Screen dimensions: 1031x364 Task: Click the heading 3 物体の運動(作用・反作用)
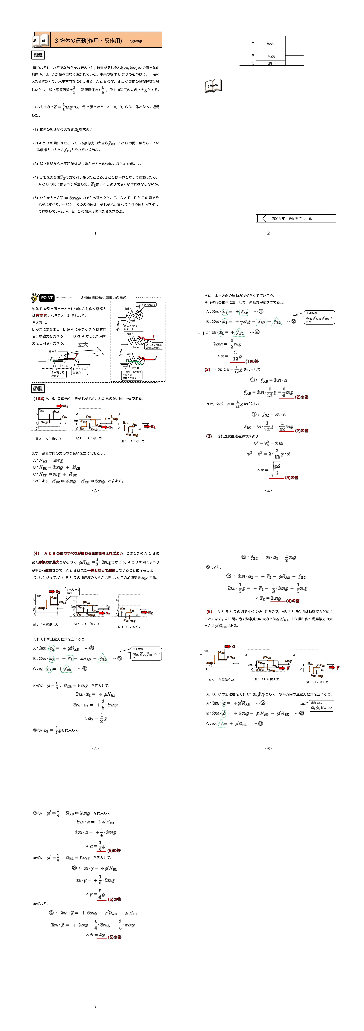pyautogui.click(x=88, y=41)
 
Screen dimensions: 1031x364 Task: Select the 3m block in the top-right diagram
pyautogui.click(x=270, y=43)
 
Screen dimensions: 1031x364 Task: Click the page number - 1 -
pyautogui.click(x=95, y=233)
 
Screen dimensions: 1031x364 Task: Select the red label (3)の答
pyautogui.click(x=292, y=477)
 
